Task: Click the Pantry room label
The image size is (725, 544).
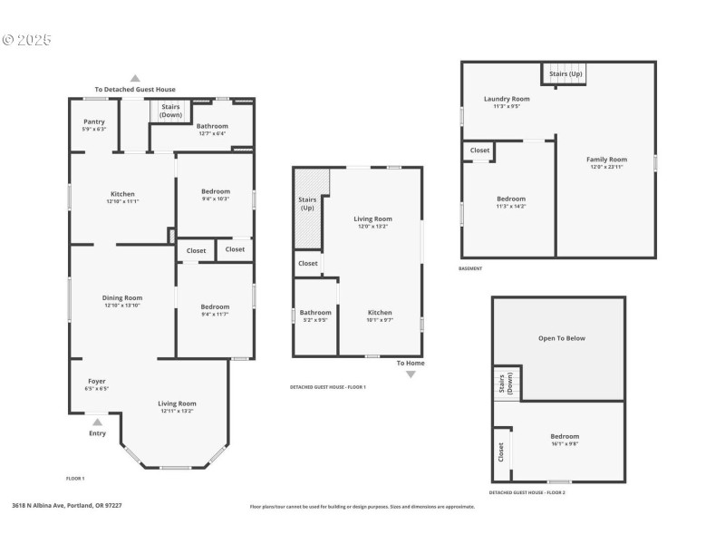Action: coord(94,121)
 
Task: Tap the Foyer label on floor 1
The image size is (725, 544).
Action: coord(97,381)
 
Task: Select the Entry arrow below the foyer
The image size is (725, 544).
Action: coord(97,420)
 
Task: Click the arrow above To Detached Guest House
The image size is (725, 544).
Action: coord(135,79)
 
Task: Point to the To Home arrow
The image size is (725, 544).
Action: coord(411,374)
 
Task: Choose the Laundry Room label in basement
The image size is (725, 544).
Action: coord(507,99)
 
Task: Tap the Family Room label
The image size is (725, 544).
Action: coord(608,160)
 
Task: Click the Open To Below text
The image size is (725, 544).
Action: coord(563,338)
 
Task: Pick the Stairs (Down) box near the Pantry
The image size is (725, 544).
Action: coord(170,111)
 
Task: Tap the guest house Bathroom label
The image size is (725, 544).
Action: coord(315,312)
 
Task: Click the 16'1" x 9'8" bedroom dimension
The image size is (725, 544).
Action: coord(564,444)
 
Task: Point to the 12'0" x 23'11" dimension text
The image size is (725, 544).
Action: coord(608,167)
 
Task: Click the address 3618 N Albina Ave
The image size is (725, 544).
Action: coord(67,506)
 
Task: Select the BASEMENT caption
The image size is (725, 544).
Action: coord(470,268)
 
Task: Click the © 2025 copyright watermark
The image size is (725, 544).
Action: coord(27,40)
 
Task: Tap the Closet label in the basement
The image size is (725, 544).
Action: coord(479,151)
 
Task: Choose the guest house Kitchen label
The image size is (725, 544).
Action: coord(379,312)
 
